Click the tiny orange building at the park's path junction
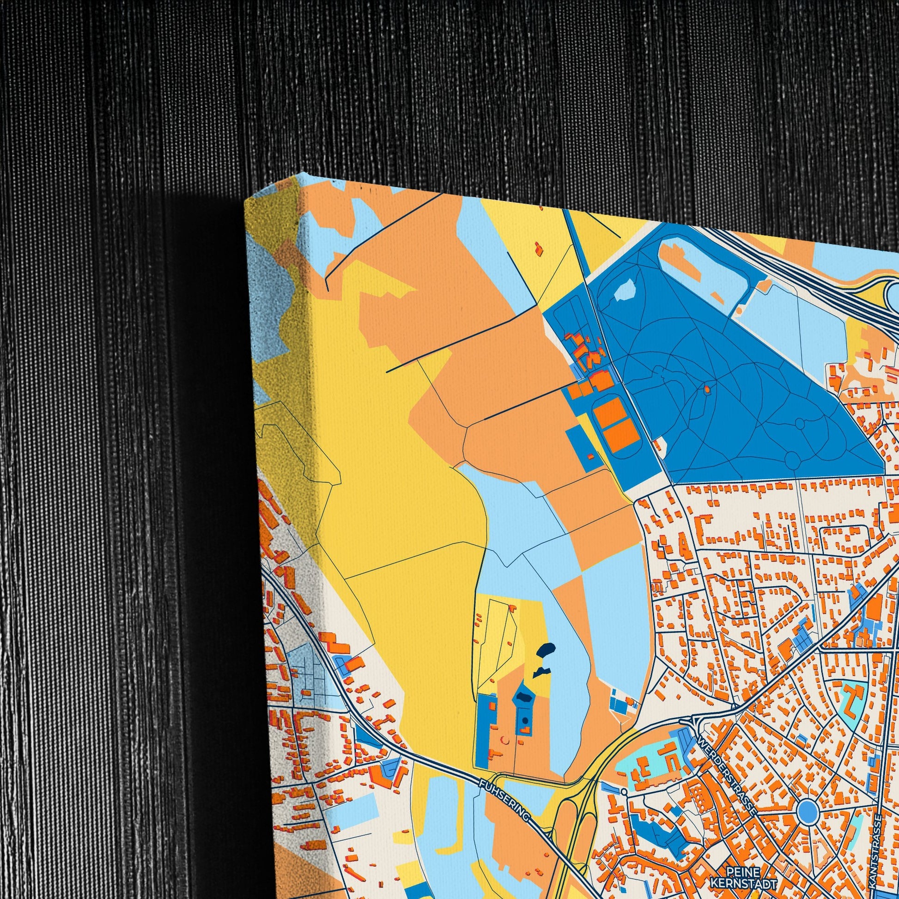click(707, 389)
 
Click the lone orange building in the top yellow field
click(538, 249)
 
